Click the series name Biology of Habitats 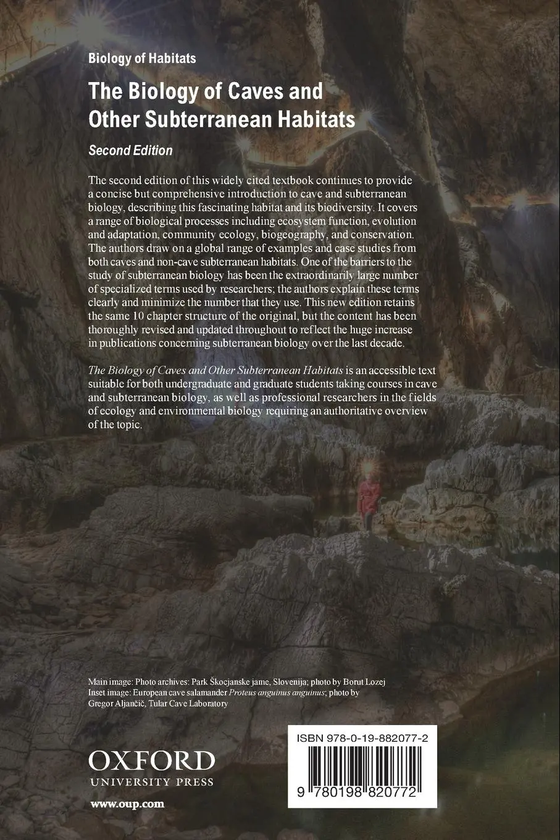tap(142, 59)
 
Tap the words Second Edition tap(130, 150)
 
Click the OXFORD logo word tap(151, 760)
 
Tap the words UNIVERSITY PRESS tap(151, 782)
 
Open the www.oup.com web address tap(127, 804)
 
